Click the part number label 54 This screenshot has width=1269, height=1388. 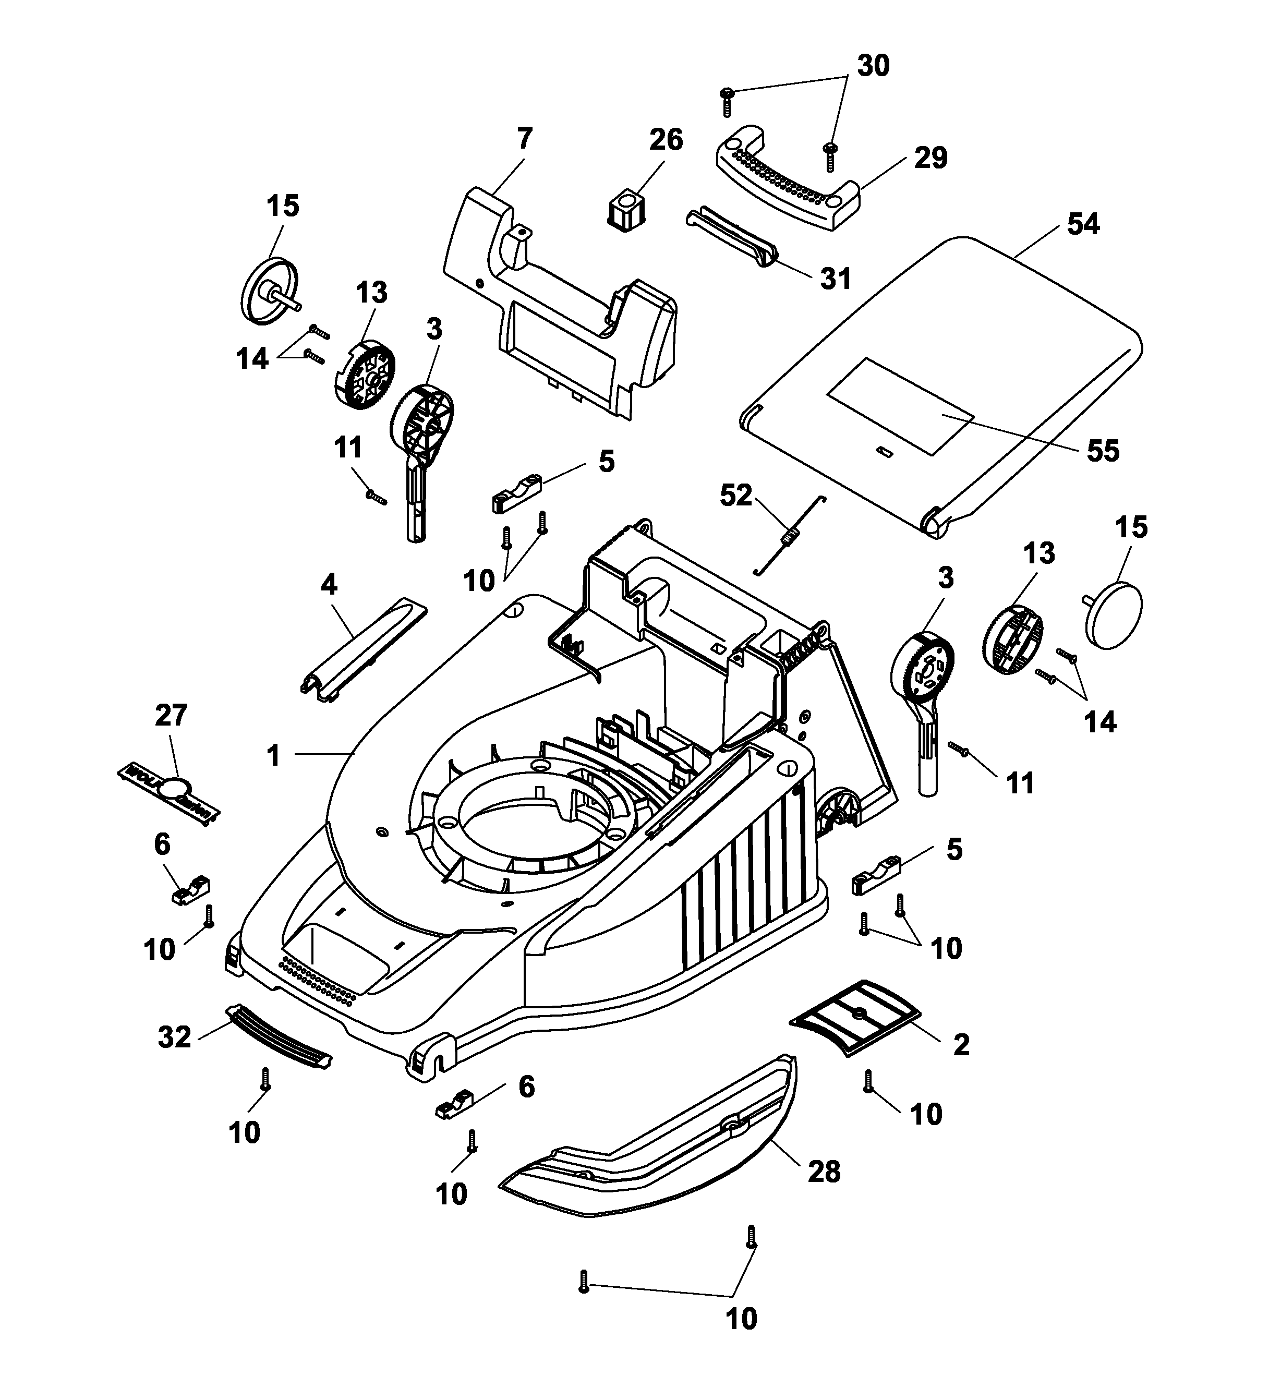(1083, 224)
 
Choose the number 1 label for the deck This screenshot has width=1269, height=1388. (273, 755)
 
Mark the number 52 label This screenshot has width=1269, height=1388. (736, 495)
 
